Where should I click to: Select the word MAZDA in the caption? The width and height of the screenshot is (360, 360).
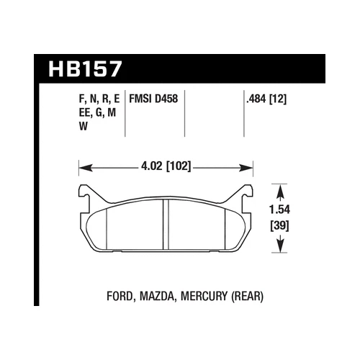166,294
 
